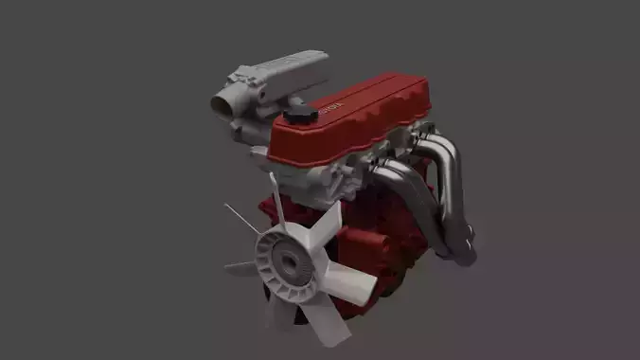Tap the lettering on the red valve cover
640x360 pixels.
330,109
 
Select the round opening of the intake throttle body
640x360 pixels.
224,103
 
